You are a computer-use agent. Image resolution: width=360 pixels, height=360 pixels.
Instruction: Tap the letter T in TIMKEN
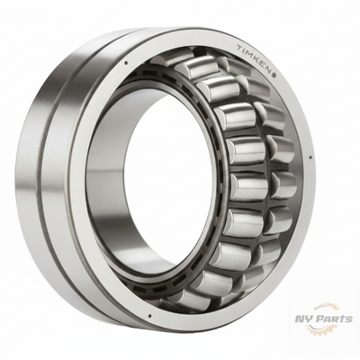click(239, 47)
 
